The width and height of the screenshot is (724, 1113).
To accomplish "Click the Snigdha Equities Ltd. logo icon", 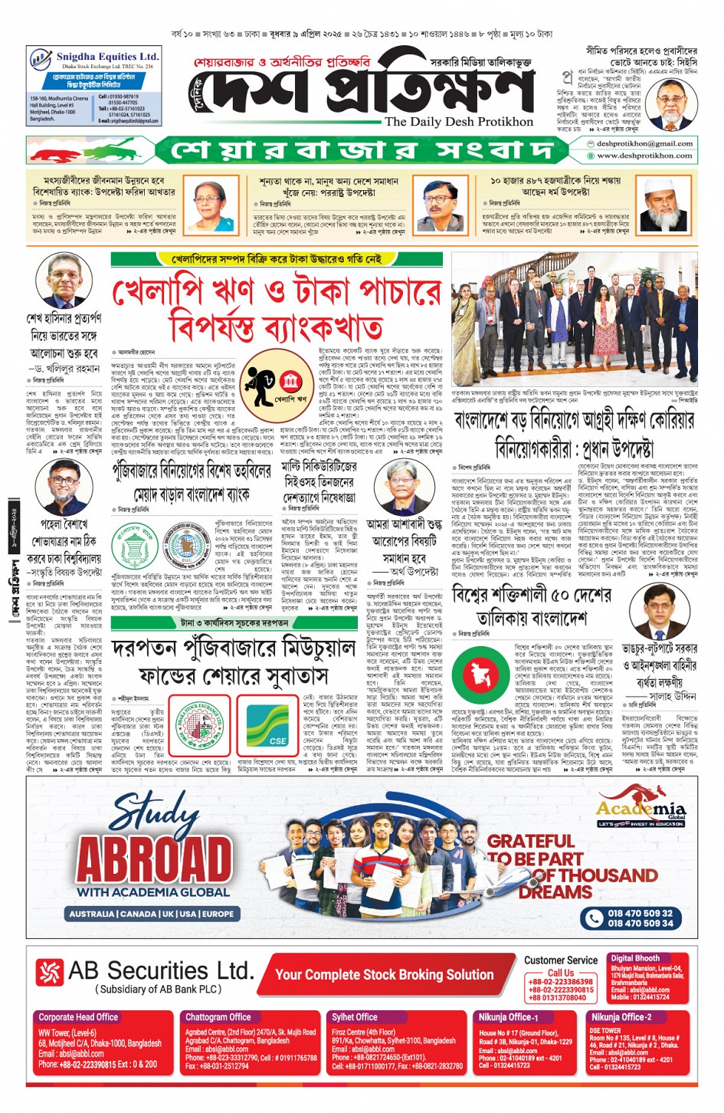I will tap(41, 59).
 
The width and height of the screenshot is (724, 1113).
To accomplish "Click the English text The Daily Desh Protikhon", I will tap(459, 122).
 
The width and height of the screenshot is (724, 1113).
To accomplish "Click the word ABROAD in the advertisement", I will tap(154, 859).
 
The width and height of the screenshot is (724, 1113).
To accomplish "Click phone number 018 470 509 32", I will tap(640, 913).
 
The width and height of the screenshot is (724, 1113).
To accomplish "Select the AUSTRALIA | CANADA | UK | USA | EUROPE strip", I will tap(152, 914).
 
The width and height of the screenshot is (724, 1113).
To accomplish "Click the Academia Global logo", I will tap(640, 812).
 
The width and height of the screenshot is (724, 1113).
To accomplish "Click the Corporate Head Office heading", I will tap(78, 1017).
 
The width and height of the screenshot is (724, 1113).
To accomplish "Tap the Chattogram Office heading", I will tap(218, 1017).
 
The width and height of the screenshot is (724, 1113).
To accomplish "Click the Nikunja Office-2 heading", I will tap(621, 1017).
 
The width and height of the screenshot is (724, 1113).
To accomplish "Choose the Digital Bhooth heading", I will tap(635, 958).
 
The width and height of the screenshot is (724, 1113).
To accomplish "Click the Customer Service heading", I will tap(561, 960).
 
